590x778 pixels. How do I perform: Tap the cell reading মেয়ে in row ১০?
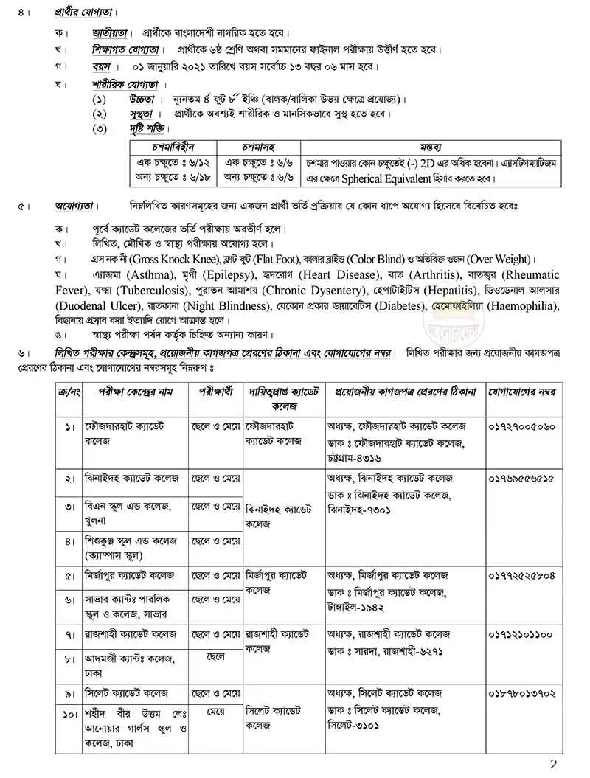click(x=215, y=712)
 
